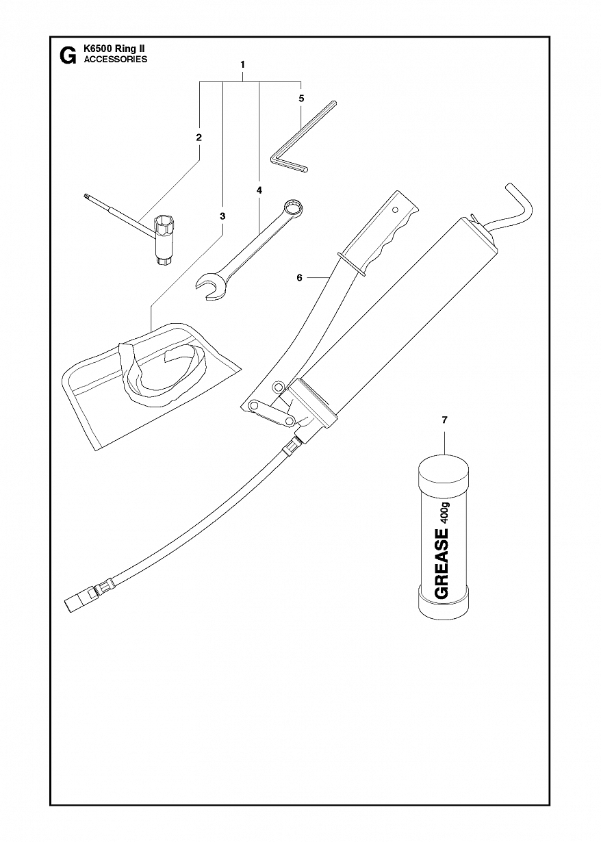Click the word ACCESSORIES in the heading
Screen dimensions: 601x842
(x=116, y=60)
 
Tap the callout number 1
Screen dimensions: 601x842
(x=243, y=64)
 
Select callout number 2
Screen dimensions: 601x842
(x=199, y=138)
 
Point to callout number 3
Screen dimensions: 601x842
(x=222, y=216)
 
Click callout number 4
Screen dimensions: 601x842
(x=259, y=190)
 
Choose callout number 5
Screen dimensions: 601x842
(x=301, y=99)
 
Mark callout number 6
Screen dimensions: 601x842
(x=299, y=278)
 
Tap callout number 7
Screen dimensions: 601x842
(x=445, y=420)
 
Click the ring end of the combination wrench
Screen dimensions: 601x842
(x=293, y=208)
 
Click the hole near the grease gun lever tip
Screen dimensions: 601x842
(x=395, y=209)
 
